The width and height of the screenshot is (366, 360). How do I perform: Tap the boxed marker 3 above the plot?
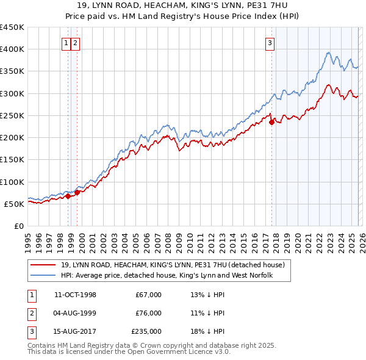270,43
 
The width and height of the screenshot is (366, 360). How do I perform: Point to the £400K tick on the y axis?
12,49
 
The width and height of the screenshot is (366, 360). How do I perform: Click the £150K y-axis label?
12,159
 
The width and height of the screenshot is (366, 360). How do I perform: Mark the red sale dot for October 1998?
68,196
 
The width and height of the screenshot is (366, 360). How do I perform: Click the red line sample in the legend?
45,264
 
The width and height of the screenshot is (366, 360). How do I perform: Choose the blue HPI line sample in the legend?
45,275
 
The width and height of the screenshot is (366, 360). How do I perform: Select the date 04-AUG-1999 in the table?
75,312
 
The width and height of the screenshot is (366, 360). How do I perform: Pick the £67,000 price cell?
149,295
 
